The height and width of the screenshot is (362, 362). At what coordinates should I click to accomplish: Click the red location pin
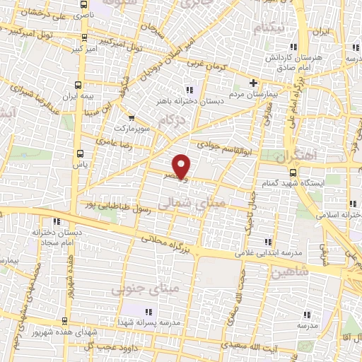182,166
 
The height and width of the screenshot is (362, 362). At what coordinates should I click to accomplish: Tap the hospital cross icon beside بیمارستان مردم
252,82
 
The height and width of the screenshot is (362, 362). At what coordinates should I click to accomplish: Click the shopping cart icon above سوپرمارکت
132,119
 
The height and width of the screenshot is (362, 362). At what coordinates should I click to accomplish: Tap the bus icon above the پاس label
80,151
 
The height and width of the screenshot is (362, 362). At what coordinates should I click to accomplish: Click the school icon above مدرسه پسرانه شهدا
148,312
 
